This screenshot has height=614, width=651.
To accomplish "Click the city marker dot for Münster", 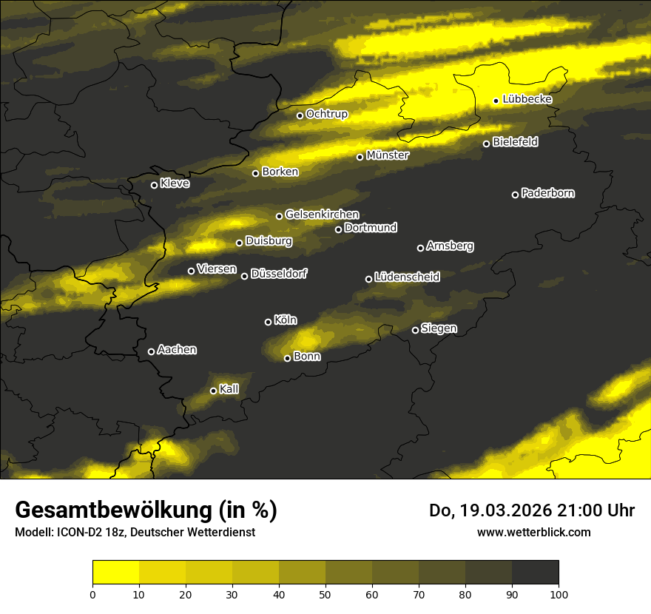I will pos(360,157).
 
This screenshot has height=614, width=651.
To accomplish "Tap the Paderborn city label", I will pos(548,193).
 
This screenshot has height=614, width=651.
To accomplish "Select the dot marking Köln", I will pos(268,322).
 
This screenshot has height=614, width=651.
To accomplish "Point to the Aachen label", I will pos(177,350).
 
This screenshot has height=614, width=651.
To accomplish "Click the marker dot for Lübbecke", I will pos(496,101).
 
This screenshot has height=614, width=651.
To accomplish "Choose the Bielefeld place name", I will pos(515,142).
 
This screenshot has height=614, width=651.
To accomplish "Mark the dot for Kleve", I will pos(154,185).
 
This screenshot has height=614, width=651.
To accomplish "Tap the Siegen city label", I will pos(439,328).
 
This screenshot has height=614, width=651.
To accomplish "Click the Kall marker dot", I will pos(213,391).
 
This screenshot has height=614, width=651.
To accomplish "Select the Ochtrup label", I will pos(326,114).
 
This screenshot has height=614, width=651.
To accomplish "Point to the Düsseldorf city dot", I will pos(245,276).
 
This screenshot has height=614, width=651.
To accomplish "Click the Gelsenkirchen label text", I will pos(322,215).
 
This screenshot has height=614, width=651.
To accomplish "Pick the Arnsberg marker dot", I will pos(420,248).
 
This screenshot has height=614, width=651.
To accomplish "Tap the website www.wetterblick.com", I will pos(534,532).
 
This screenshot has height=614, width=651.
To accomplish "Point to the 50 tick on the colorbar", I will pos(325,593).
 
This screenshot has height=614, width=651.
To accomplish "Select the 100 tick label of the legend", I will pos(559,593).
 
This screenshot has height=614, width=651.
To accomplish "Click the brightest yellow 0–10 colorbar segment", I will pos(115,573).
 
